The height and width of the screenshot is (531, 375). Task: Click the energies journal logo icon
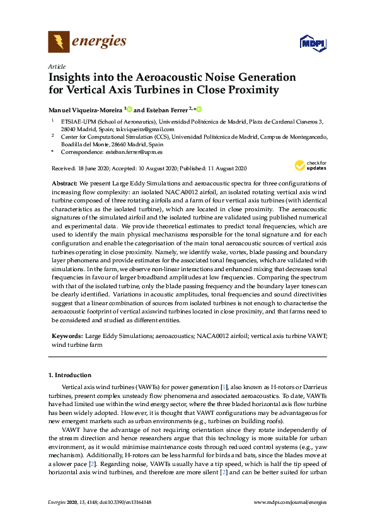(x=59, y=42)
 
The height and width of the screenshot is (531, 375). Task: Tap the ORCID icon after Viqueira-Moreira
(x=130, y=108)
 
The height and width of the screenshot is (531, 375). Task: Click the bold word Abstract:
(x=64, y=181)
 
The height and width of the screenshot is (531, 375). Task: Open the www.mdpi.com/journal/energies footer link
(x=290, y=503)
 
